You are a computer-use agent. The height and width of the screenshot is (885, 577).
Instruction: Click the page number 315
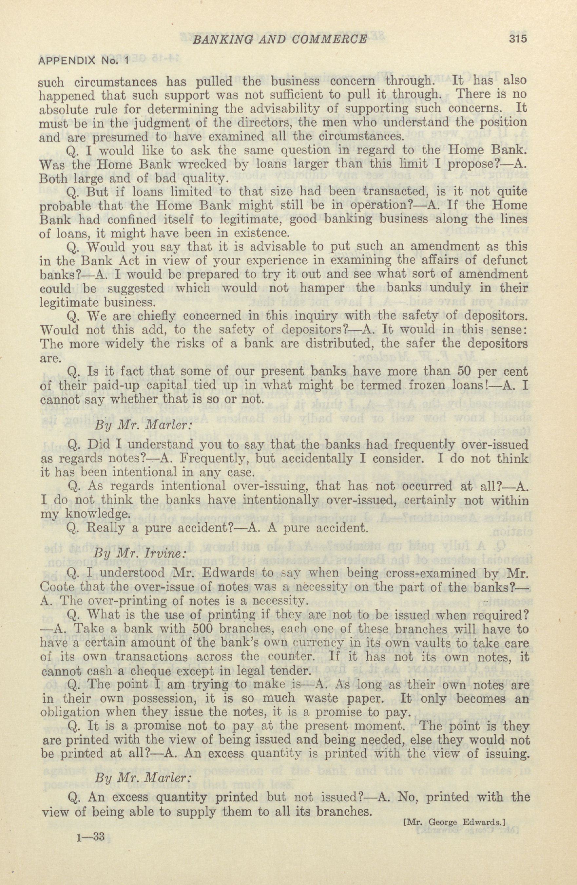click(516, 39)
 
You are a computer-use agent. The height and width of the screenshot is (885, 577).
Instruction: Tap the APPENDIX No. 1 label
click(83, 61)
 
